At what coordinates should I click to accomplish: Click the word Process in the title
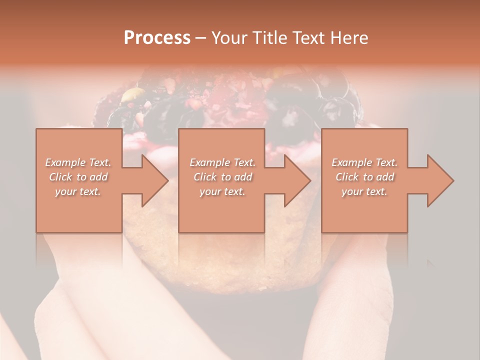(x=157, y=38)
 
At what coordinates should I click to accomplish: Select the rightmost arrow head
(x=439, y=180)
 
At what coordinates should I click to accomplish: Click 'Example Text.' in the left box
(x=78, y=162)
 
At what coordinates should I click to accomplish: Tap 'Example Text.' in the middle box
(x=222, y=162)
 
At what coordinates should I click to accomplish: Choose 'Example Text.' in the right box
(x=364, y=162)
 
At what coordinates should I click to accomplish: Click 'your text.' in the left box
(x=78, y=191)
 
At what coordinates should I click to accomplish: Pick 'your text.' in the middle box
(x=222, y=191)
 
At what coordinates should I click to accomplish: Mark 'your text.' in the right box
(x=364, y=191)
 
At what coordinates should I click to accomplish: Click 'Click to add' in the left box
(x=78, y=177)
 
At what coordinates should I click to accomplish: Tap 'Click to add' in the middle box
(x=222, y=177)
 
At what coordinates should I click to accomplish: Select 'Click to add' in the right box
(x=364, y=177)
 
